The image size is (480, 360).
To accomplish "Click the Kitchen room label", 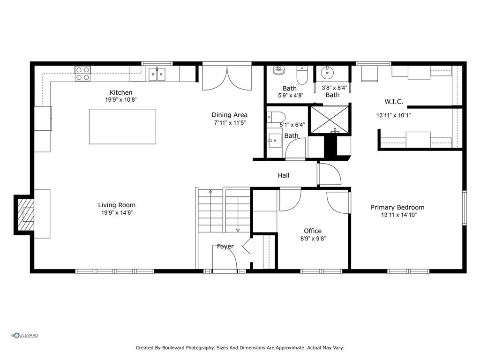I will (121, 92).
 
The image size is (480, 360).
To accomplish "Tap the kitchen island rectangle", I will (122, 126).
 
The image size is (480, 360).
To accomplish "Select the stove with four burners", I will (83, 74).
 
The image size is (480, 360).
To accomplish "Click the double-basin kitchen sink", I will (157, 74).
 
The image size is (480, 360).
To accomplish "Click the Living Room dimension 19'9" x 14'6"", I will (117, 213).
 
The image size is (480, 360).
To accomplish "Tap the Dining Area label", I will (229, 115).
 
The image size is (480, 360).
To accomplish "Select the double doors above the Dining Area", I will (227, 78).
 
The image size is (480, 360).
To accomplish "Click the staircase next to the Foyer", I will (224, 210).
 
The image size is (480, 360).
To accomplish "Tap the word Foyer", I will (225, 247).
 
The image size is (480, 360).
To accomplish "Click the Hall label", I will (283, 175).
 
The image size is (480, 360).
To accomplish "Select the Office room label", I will (313, 231).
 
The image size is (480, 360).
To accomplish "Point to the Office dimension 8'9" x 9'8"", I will (313, 238).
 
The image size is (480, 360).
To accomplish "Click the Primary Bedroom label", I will (397, 207).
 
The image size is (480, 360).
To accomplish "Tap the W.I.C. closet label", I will (394, 101).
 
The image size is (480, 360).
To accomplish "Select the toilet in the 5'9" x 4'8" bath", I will (302, 75).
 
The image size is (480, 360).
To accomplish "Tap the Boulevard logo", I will (25, 335).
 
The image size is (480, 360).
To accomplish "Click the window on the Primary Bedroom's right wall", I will (464, 207).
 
